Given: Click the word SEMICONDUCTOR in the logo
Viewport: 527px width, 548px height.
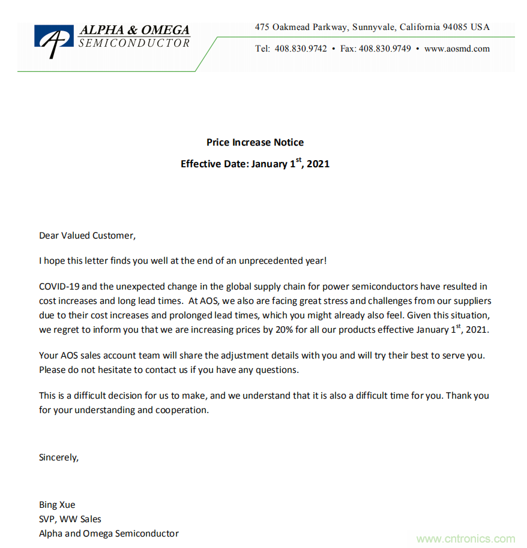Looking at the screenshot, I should (x=134, y=43).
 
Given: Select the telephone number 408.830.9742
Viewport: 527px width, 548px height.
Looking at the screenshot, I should (x=301, y=49).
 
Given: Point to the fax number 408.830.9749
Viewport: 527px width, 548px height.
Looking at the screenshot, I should (x=385, y=49).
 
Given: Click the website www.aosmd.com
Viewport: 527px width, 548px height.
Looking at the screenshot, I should (x=457, y=49).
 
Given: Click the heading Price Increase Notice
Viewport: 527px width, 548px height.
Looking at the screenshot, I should (x=255, y=142).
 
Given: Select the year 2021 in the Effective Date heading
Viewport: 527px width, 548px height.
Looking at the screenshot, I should (x=318, y=164).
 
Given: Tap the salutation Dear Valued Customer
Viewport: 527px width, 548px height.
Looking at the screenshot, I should (x=88, y=236).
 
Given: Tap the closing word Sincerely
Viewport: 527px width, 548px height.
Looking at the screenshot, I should (x=59, y=457).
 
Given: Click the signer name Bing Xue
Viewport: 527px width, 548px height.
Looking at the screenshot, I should (x=57, y=505).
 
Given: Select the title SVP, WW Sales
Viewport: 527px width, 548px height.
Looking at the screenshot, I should (x=70, y=519).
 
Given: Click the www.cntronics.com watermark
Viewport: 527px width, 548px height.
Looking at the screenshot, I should (x=466, y=539).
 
